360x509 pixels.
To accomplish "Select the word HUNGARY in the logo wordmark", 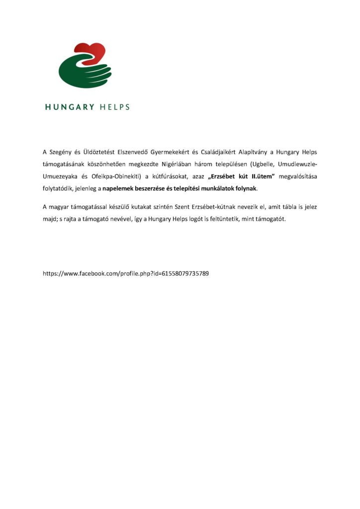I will click(x=69, y=107).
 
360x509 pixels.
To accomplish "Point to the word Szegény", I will click(x=61, y=151).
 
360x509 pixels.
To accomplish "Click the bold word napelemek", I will click(x=118, y=189).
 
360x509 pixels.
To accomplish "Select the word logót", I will click(x=197, y=219).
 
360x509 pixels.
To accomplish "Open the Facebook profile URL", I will click(x=126, y=273).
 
